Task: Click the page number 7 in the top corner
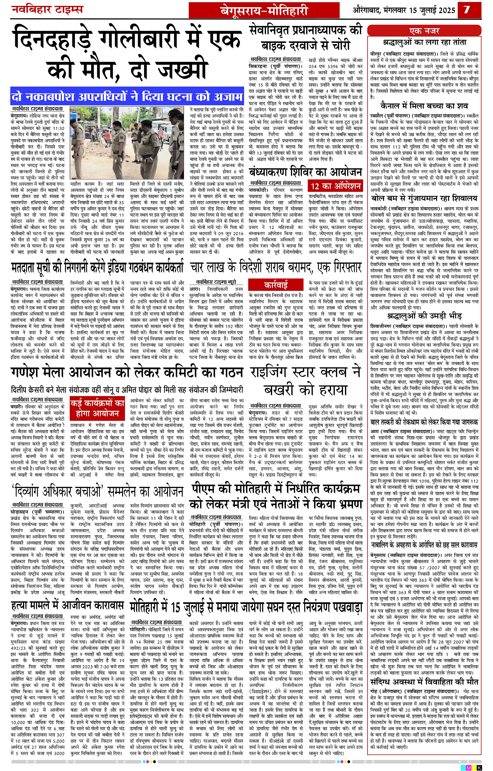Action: pyautogui.click(x=467, y=10)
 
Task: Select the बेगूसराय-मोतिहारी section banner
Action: pyautogui.click(x=264, y=11)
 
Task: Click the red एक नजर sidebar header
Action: pyautogui.click(x=424, y=31)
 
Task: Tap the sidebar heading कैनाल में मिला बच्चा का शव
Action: pyautogui.click(x=424, y=106)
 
